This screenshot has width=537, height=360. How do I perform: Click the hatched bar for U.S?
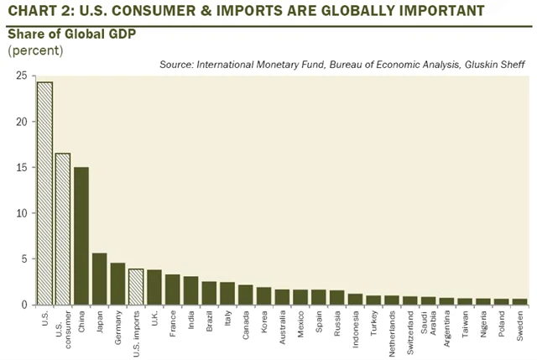(x=44, y=193)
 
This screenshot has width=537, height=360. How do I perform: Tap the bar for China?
(x=81, y=236)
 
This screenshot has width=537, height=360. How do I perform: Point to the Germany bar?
(x=117, y=284)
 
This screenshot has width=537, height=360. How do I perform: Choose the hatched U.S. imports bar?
(x=136, y=286)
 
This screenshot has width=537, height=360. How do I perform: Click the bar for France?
(x=172, y=290)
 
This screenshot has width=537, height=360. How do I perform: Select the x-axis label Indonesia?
(x=356, y=325)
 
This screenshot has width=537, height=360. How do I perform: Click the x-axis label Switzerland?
(x=410, y=328)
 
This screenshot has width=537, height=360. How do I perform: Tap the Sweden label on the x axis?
(x=520, y=323)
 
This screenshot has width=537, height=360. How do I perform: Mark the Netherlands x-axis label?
(x=392, y=328)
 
